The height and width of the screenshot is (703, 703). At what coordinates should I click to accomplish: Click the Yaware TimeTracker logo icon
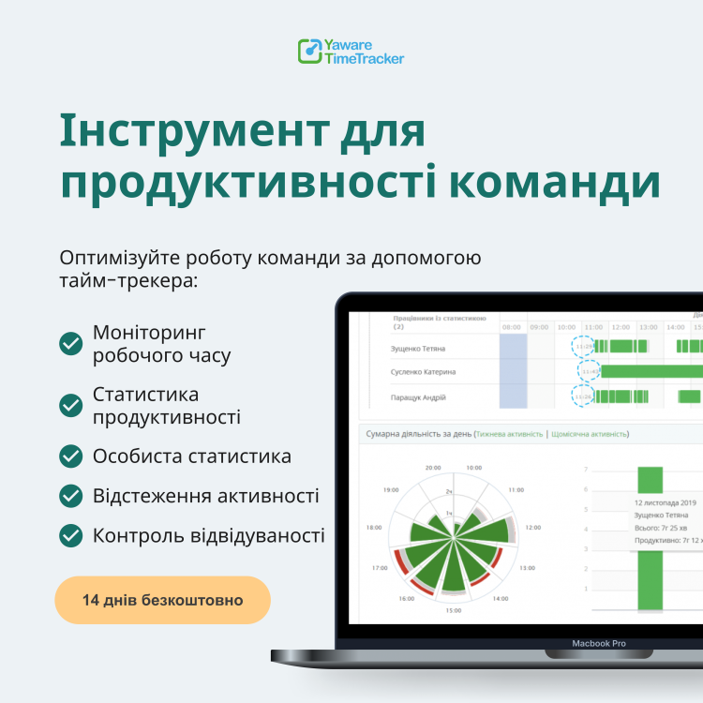(x=309, y=51)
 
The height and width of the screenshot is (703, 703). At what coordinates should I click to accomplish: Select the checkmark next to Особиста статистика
(x=70, y=456)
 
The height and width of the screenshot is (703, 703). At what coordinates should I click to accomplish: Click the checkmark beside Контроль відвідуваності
(x=70, y=535)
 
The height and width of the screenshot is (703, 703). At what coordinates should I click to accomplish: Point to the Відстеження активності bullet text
(x=205, y=496)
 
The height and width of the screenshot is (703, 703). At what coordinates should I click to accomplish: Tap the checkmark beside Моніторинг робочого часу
(x=70, y=344)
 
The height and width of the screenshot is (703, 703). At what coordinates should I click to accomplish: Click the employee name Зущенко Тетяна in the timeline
(x=418, y=348)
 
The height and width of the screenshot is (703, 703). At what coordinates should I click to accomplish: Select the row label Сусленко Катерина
(x=423, y=372)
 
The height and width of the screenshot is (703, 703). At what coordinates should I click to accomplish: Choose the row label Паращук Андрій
(x=418, y=396)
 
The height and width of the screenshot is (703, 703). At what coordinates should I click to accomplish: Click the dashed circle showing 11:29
(x=584, y=347)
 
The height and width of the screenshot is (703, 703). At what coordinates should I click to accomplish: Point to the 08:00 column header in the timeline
(x=512, y=327)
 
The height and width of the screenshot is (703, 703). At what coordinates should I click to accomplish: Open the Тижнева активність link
(x=510, y=435)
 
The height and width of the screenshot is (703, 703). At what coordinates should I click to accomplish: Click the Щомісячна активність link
(x=590, y=435)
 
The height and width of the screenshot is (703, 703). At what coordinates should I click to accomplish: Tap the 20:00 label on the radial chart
(x=432, y=467)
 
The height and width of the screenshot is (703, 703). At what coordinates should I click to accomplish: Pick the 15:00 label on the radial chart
(x=453, y=610)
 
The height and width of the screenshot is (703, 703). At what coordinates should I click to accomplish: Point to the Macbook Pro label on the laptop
(x=599, y=644)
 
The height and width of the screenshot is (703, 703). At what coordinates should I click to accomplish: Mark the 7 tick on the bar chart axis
(x=586, y=469)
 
